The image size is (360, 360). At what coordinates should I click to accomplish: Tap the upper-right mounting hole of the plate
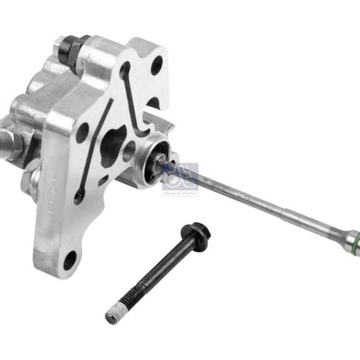156,65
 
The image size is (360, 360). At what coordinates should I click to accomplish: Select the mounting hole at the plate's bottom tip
71,258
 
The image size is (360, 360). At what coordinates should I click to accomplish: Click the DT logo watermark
181,175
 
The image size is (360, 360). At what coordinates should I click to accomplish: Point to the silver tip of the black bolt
111,316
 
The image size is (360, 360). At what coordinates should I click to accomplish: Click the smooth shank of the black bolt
159,267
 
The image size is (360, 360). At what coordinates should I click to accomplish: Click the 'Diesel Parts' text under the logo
181,191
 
